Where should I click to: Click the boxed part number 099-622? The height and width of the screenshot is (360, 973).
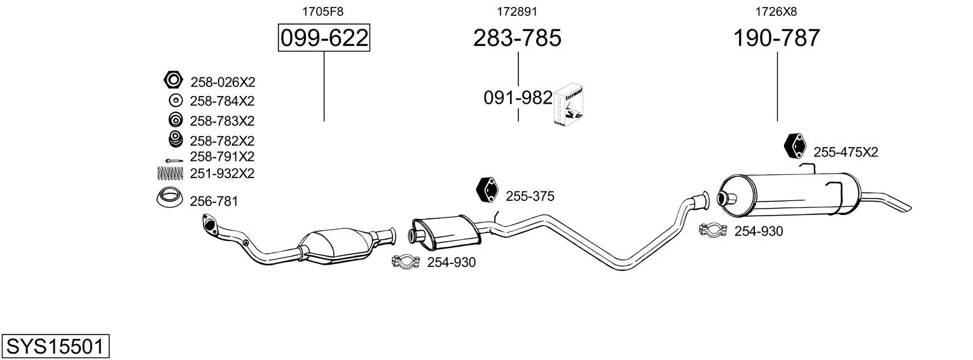click(x=324, y=38)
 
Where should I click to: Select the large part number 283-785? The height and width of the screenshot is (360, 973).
click(x=517, y=38)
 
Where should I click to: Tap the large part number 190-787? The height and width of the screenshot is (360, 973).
click(x=776, y=38)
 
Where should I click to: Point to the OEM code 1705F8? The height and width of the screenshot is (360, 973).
click(x=322, y=11)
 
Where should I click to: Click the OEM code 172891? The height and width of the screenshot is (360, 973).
click(x=517, y=11)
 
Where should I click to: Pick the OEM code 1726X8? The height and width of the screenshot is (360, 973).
click(x=776, y=11)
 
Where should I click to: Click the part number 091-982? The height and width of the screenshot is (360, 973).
click(x=518, y=98)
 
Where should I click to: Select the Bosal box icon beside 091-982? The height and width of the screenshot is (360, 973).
click(x=569, y=105)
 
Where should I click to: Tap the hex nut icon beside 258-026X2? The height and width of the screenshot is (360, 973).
click(x=174, y=80)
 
